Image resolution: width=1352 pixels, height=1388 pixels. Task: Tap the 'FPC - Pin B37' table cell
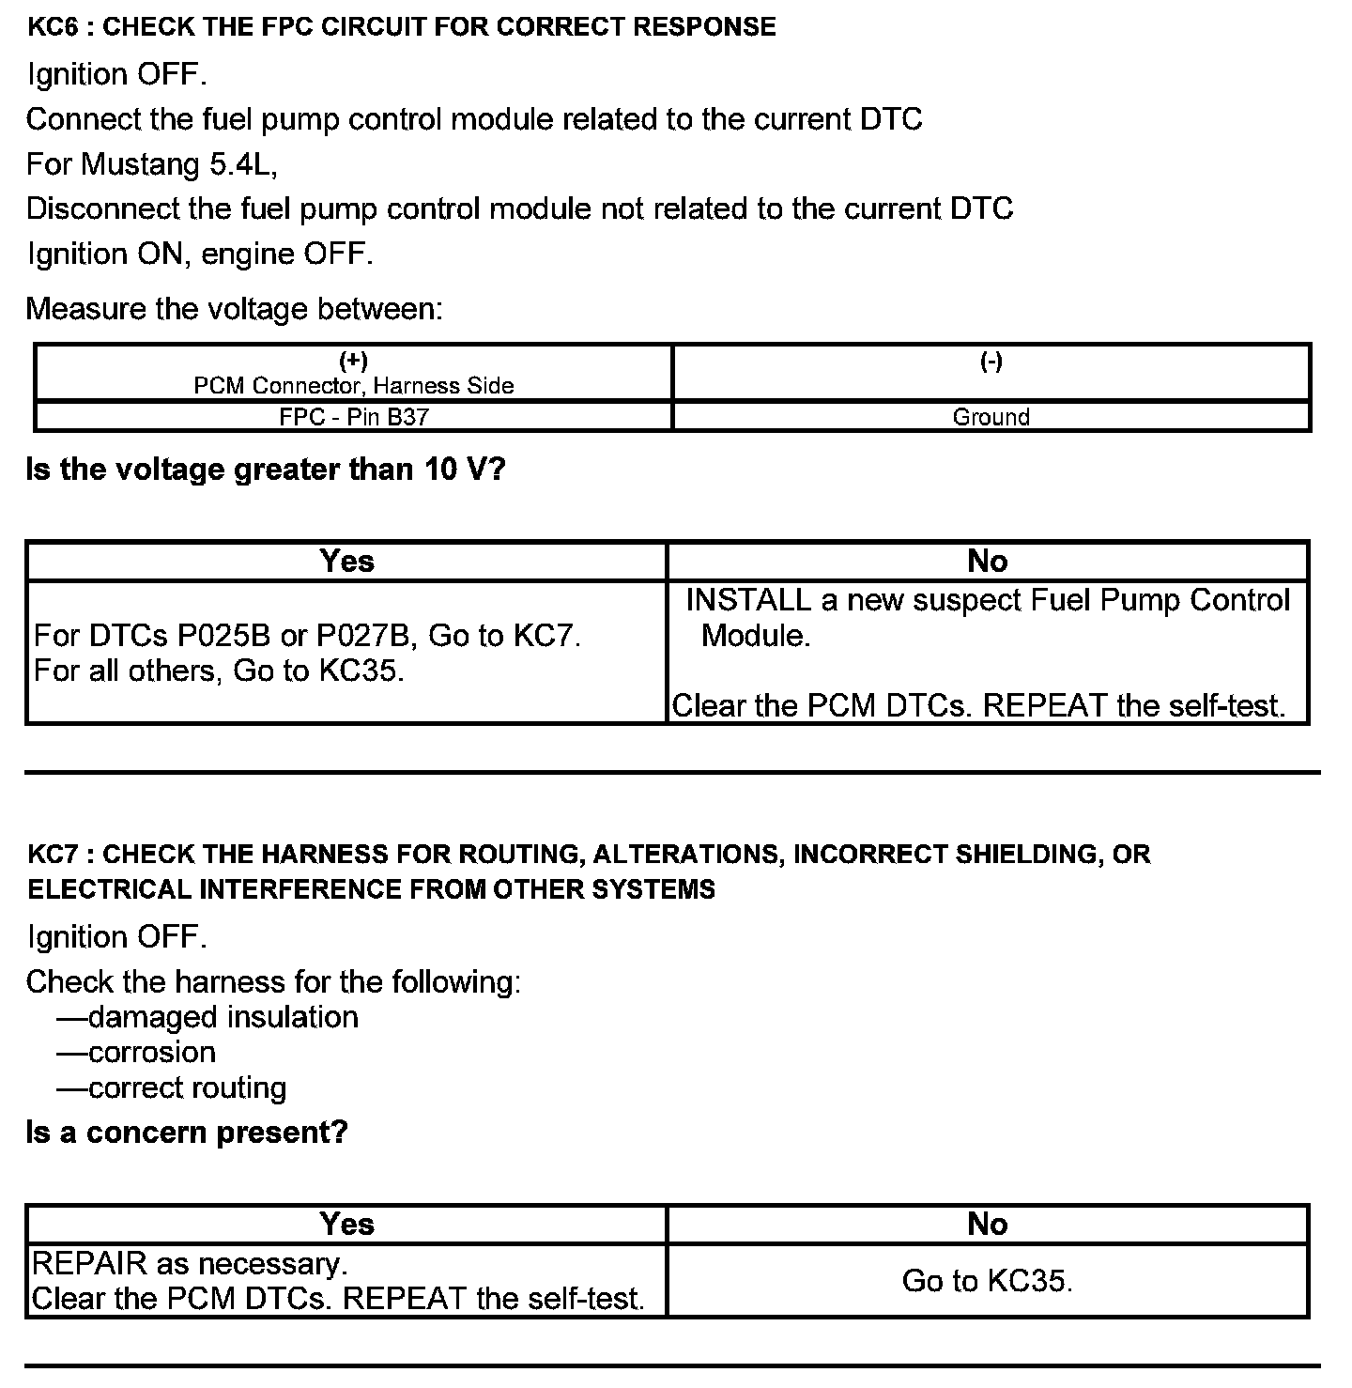[x=353, y=417]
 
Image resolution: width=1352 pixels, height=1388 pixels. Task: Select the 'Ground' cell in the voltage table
[x=991, y=417]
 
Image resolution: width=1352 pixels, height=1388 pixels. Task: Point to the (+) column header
[x=353, y=362]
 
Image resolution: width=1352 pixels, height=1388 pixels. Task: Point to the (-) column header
[x=991, y=362]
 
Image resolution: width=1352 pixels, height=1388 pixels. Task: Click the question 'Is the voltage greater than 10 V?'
[x=266, y=470]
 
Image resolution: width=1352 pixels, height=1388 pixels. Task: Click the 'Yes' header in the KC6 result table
[x=346, y=562]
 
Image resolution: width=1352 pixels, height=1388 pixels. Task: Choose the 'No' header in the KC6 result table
[x=987, y=562]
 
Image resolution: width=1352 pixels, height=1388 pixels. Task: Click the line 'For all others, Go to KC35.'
[x=219, y=671]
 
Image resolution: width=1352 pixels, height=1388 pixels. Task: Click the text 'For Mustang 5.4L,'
[x=152, y=164]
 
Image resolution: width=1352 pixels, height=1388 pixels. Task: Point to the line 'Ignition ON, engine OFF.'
[x=200, y=254]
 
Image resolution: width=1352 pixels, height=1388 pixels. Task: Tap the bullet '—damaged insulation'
[x=207, y=1018]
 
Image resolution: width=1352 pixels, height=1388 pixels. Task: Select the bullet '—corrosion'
[x=136, y=1053]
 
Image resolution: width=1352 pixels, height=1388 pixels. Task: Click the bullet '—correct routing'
[x=172, y=1088]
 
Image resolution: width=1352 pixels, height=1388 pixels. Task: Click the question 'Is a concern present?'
[x=187, y=1133]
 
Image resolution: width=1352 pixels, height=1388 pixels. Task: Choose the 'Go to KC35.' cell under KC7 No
[x=987, y=1281]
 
